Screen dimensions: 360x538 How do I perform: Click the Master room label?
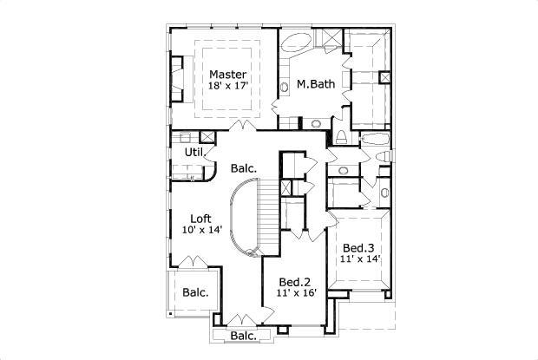pos(227,75)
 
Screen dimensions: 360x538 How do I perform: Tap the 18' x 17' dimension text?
pos(227,87)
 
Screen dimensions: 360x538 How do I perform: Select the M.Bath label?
pos(311,85)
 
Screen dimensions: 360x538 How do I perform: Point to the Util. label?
pos(194,153)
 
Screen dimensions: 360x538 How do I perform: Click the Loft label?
pos(202,219)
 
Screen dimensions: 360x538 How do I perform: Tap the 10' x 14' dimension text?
pos(202,230)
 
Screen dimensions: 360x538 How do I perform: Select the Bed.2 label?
pos(294,282)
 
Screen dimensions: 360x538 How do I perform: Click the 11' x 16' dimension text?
pos(294,293)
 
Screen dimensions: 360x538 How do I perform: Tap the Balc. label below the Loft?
pos(195,292)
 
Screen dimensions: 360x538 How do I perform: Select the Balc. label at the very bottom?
pos(244,336)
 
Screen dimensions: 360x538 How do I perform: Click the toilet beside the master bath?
pos(342,137)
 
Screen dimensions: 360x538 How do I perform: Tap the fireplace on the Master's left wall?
pos(178,79)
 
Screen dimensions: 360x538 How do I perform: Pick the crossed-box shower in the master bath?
pos(327,38)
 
